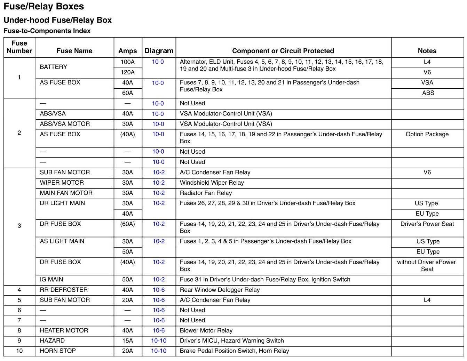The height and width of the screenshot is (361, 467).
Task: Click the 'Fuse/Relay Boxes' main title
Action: [43, 7]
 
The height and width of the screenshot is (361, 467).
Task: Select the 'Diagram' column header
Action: [159, 51]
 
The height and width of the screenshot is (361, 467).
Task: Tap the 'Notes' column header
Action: [427, 51]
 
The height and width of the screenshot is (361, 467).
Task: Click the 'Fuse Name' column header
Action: [74, 51]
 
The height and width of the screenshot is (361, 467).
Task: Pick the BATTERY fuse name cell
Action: [54, 67]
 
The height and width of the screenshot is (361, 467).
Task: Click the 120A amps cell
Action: [127, 72]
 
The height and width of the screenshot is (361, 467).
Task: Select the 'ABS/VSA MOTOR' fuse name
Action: [65, 124]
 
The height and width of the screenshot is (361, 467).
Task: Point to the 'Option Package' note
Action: [427, 134]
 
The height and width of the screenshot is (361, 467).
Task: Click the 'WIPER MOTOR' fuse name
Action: [62, 183]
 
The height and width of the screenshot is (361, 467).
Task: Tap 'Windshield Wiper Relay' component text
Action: [212, 183]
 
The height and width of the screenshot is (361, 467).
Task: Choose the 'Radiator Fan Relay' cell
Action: [206, 193]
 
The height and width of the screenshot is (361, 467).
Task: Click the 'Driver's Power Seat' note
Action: [427, 224]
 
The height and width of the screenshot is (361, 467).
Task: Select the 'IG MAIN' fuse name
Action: [52, 279]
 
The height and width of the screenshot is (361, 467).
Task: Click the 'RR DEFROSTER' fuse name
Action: [64, 290]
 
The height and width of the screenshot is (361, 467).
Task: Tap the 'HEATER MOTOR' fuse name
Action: [64, 330]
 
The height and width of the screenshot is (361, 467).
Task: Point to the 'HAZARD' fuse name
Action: [52, 340]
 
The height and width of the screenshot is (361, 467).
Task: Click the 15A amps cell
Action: [127, 340]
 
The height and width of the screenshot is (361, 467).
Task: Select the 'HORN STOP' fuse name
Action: [58, 351]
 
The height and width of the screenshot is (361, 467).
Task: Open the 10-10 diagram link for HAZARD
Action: [159, 340]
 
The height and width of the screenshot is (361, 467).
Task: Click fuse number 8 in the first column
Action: [19, 330]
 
